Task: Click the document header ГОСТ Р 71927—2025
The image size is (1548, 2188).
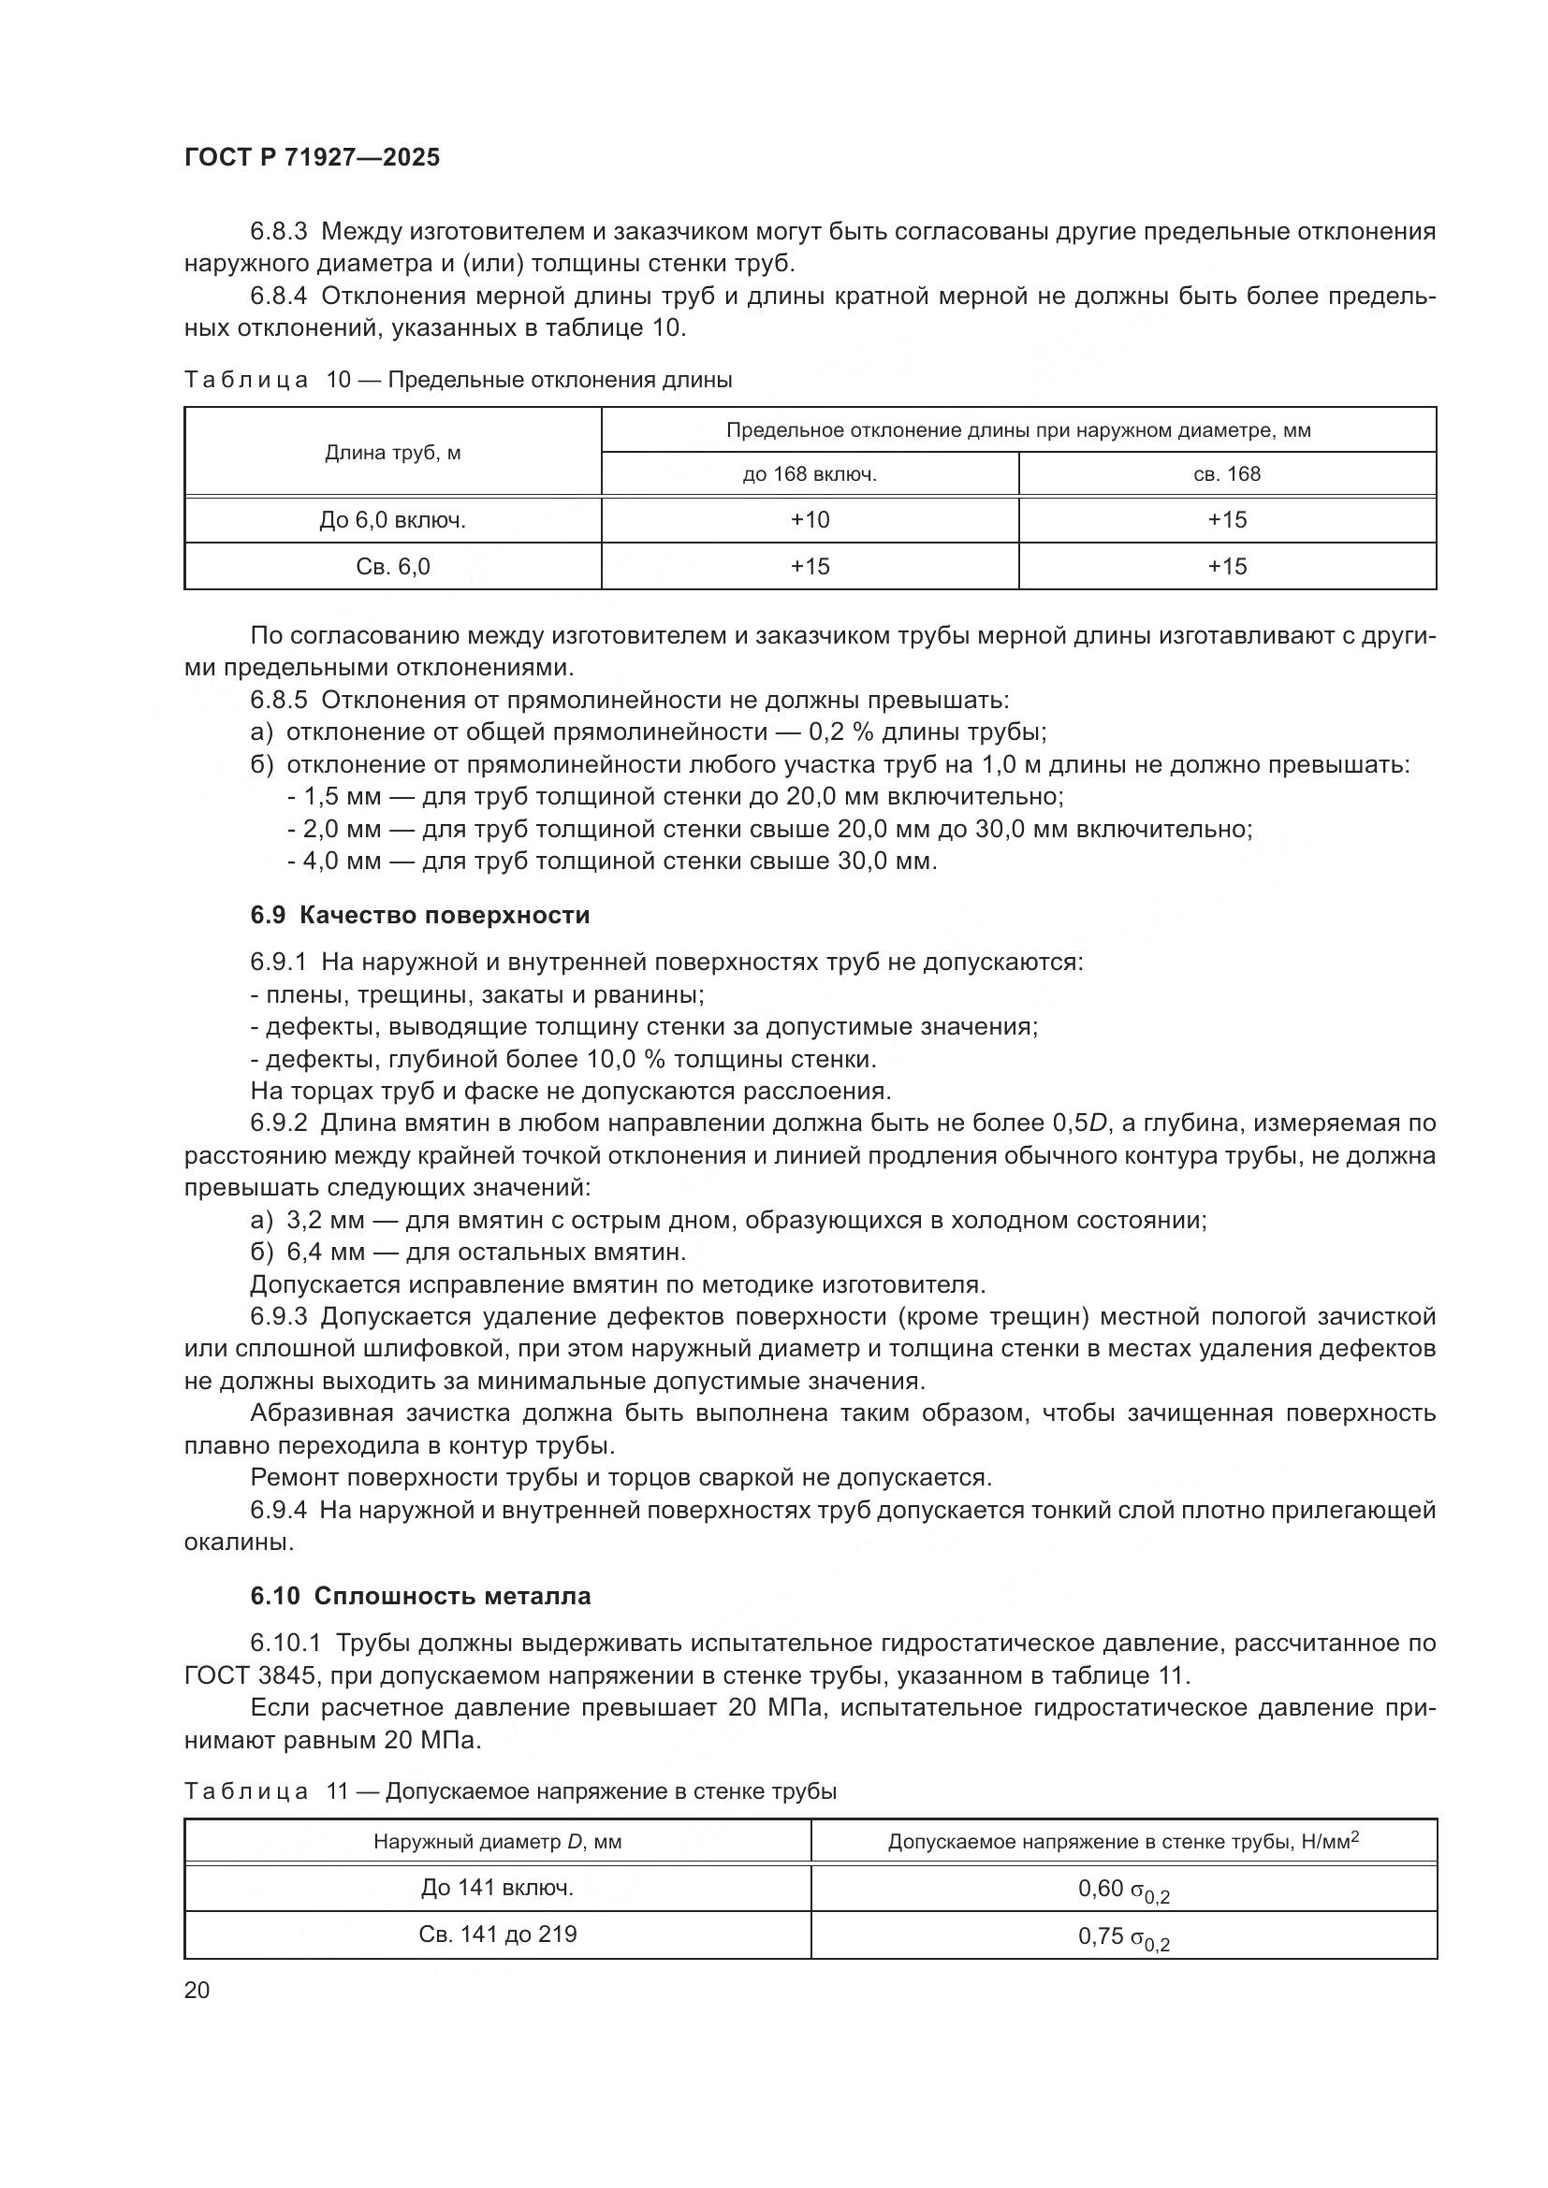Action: click(x=312, y=158)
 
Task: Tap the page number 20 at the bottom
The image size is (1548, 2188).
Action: click(x=197, y=1990)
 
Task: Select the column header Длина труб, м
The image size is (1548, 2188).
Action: click(x=393, y=453)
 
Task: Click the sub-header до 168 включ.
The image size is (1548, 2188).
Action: click(x=810, y=474)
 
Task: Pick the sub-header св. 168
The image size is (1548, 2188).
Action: click(x=1227, y=474)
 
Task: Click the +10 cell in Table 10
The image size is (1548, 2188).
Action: click(x=810, y=520)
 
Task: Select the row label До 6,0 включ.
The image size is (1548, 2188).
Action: click(x=393, y=520)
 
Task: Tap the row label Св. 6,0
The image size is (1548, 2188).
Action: click(x=393, y=567)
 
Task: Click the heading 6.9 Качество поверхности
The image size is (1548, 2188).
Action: click(x=419, y=916)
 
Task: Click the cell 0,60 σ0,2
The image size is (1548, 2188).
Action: click(x=1123, y=1889)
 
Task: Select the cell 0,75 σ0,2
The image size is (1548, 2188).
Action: click(x=1123, y=1935)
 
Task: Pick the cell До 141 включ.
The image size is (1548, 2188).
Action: click(x=497, y=1888)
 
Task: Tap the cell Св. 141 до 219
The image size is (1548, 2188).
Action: click(x=497, y=1934)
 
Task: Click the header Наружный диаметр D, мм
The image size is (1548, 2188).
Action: click(x=497, y=1842)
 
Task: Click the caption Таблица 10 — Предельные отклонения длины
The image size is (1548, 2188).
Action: click(x=458, y=380)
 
